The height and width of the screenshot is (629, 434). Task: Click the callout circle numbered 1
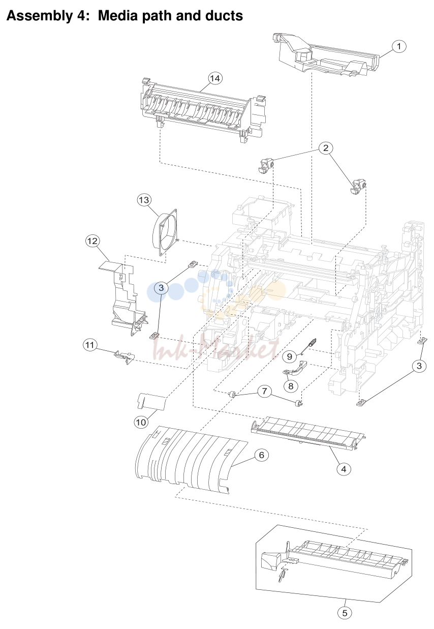(x=398, y=46)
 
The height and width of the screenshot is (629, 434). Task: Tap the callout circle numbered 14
(x=215, y=78)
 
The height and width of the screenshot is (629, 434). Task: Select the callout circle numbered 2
(x=326, y=148)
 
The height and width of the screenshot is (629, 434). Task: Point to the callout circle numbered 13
(x=144, y=200)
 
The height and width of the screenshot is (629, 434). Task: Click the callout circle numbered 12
(x=92, y=241)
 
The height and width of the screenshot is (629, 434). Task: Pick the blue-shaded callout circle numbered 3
(x=161, y=287)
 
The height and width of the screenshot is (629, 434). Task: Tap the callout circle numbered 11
(x=90, y=345)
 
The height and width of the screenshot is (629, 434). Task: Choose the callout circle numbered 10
(x=141, y=422)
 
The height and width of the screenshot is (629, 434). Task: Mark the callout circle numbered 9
(x=290, y=356)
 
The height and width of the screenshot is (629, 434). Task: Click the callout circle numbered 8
(x=291, y=386)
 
